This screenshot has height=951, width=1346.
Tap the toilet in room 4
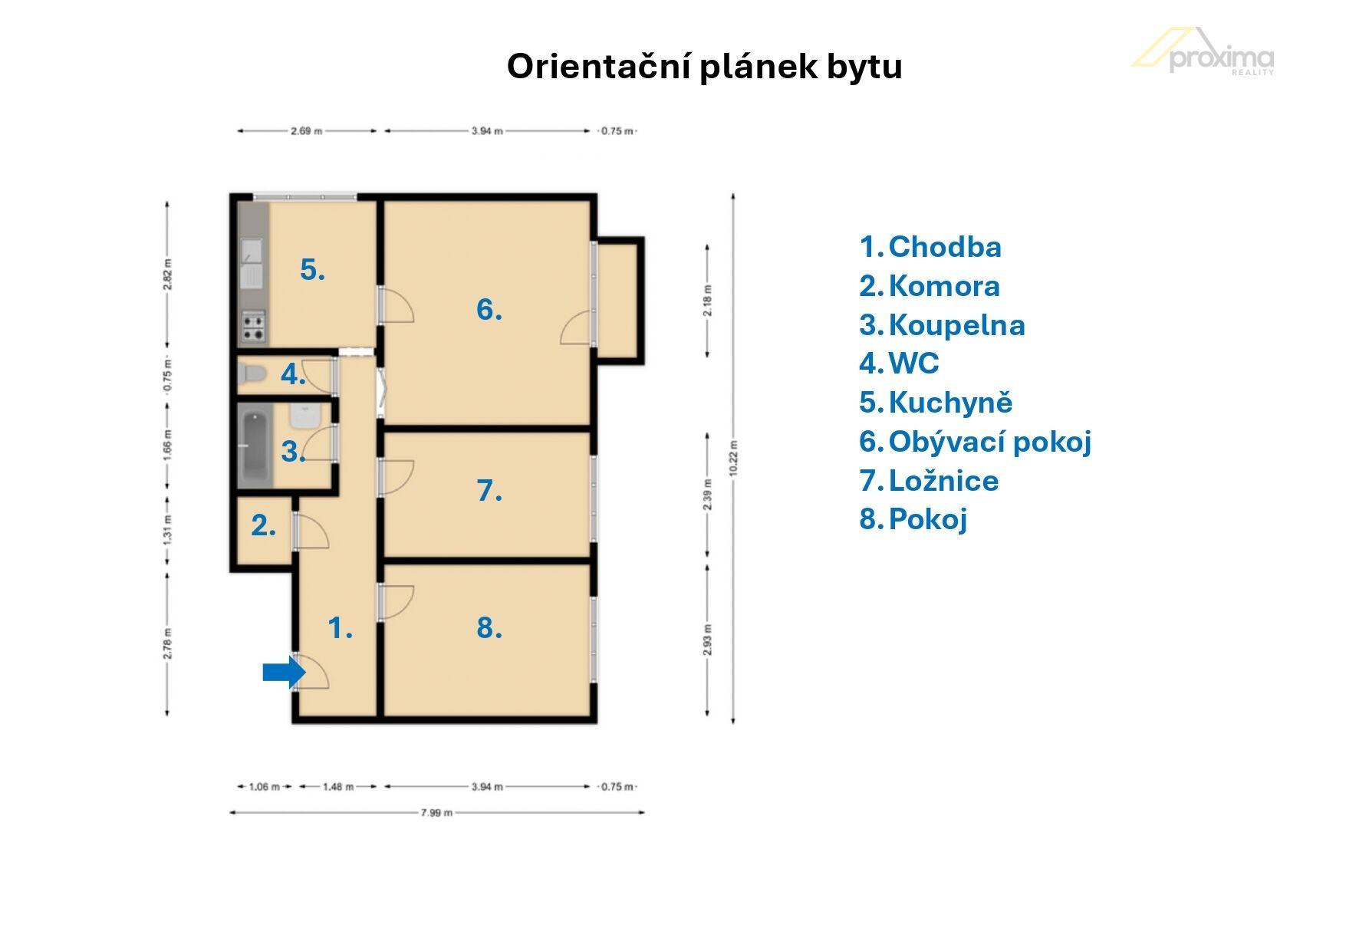[252, 374]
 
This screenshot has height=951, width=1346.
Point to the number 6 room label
[489, 309]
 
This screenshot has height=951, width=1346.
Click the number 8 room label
[489, 627]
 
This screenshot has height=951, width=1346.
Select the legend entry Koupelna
[943, 325]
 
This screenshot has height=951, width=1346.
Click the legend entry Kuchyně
[936, 403]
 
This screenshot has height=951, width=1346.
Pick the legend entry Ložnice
[930, 481]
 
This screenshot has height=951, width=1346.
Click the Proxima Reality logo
[1203, 51]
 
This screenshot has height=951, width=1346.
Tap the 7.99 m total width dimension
[436, 813]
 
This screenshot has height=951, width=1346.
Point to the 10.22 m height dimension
[734, 458]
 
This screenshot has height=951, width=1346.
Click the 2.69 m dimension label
[307, 131]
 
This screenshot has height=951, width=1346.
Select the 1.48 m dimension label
[338, 787]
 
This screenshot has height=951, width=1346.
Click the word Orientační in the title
[597, 67]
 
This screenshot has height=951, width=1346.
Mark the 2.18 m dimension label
[707, 301]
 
